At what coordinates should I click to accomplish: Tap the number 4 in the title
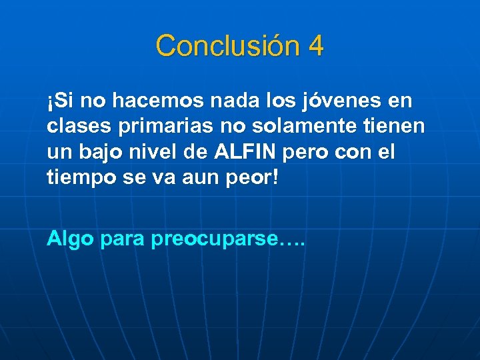tap(316, 46)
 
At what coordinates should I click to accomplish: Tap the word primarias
tap(149, 127)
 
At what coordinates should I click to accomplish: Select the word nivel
tap(159, 152)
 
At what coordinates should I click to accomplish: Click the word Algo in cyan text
tap(70, 239)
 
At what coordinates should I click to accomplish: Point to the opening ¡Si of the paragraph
tap(60, 101)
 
